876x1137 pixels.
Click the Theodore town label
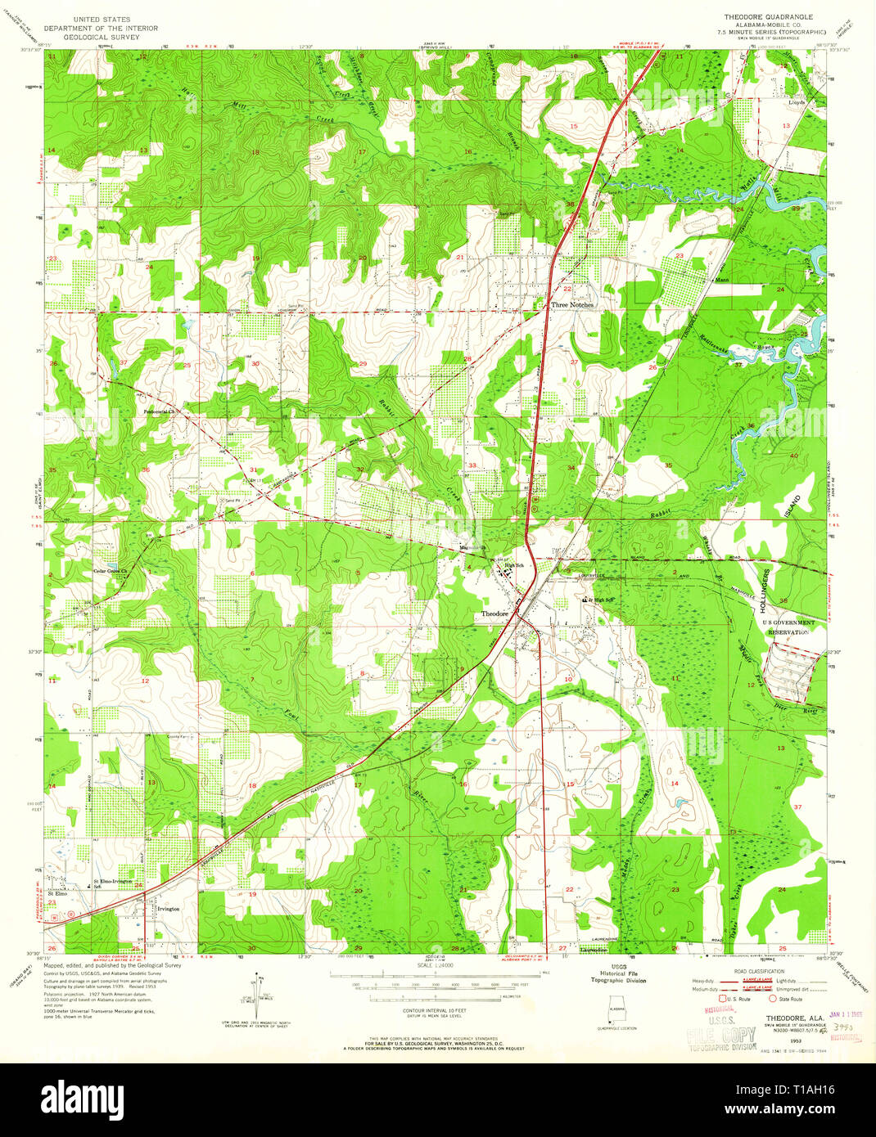(494, 613)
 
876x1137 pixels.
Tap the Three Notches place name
(572, 304)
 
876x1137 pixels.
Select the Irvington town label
(168, 909)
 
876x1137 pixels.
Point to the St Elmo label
(56, 894)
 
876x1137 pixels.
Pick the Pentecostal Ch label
(160, 411)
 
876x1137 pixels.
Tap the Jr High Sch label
(599, 600)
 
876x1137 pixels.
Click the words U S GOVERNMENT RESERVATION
(785, 627)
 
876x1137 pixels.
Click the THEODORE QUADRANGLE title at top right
(768, 16)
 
